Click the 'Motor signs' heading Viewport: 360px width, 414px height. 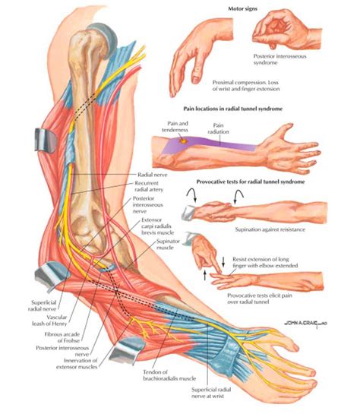point(242,8)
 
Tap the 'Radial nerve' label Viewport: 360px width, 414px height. point(153,175)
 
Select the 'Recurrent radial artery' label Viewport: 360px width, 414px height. point(149,186)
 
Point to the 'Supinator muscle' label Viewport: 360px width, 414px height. point(168,245)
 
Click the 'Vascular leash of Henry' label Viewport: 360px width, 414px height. point(49,321)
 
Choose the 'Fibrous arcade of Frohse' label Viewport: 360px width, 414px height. point(62,337)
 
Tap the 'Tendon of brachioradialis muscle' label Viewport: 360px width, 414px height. point(169,375)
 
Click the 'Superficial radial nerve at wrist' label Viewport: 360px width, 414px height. point(211,393)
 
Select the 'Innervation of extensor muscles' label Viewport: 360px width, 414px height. point(77,364)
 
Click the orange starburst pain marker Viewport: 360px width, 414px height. point(182,141)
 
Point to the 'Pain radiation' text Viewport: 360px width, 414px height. point(218,128)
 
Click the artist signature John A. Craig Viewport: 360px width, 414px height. point(305,323)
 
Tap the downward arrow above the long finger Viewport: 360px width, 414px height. point(223,262)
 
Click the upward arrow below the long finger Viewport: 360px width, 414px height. point(205,275)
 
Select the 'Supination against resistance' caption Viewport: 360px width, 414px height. point(270,229)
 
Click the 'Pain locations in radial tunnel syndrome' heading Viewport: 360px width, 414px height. point(233,109)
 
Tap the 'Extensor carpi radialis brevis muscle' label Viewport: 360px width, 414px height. point(157,226)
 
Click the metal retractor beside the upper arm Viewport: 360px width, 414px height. point(45,140)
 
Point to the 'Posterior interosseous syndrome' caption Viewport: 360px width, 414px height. point(279,59)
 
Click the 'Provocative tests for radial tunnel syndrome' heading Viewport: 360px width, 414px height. point(251,182)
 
